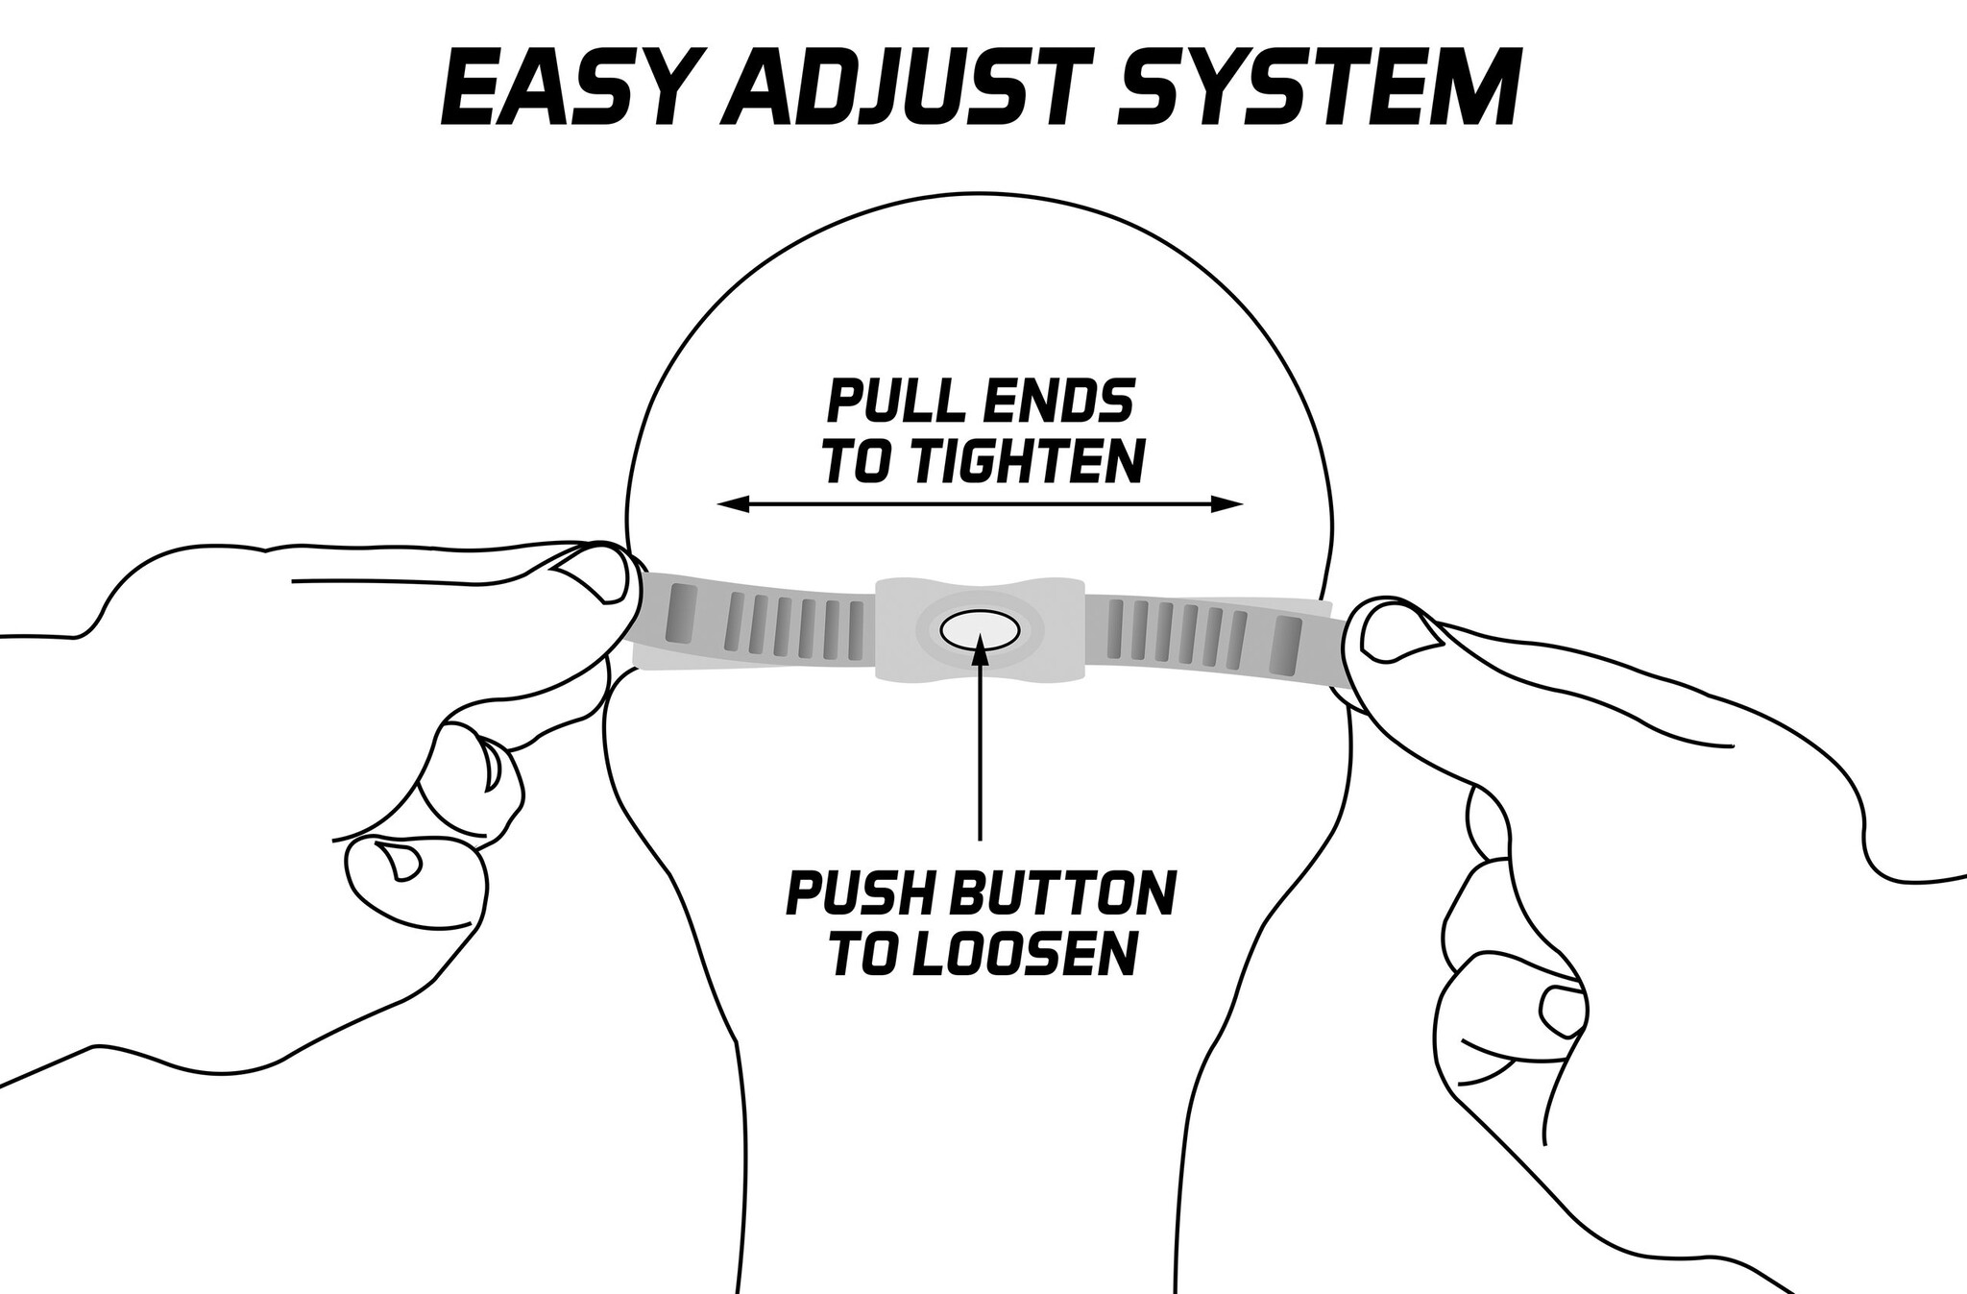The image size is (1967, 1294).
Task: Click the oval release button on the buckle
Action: pos(979,630)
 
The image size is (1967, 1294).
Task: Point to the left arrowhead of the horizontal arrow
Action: pos(734,503)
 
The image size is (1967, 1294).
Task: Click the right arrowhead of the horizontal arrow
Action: pos(1227,503)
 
